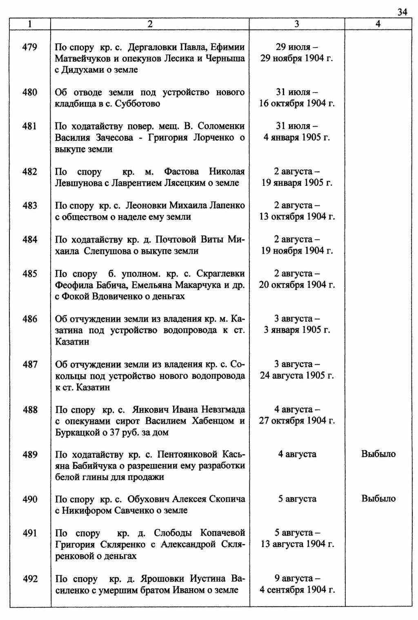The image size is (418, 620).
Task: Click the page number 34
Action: pyautogui.click(x=402, y=12)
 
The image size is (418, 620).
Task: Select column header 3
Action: pyautogui.click(x=297, y=25)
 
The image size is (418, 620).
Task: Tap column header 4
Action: pyautogui.click(x=378, y=25)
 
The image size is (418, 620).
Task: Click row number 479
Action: pyautogui.click(x=30, y=47)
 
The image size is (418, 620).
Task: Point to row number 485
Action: pyautogui.click(x=30, y=274)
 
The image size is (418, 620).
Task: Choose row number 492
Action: pyautogui.click(x=30, y=579)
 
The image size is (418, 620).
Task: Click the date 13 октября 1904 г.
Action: pyautogui.click(x=297, y=217)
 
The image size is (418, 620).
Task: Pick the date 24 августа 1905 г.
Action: pyautogui.click(x=297, y=375)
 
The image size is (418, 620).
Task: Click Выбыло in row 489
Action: pyautogui.click(x=378, y=454)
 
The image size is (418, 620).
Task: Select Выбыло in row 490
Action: pyautogui.click(x=378, y=499)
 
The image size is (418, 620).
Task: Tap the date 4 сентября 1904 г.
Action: pyautogui.click(x=297, y=590)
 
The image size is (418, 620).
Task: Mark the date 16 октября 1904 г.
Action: pyautogui.click(x=297, y=104)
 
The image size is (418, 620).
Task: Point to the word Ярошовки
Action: pyautogui.click(x=163, y=579)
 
